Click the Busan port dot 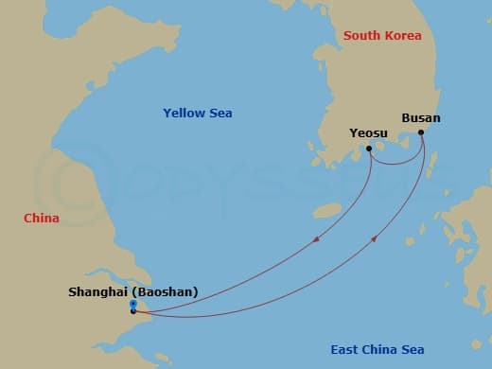421,132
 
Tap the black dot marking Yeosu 369,149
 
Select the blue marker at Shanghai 133,304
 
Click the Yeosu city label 368,133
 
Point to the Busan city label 421,118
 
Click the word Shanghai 99,292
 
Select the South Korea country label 382,35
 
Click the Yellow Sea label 198,114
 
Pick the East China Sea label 377,350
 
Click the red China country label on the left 42,219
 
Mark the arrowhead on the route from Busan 375,239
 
